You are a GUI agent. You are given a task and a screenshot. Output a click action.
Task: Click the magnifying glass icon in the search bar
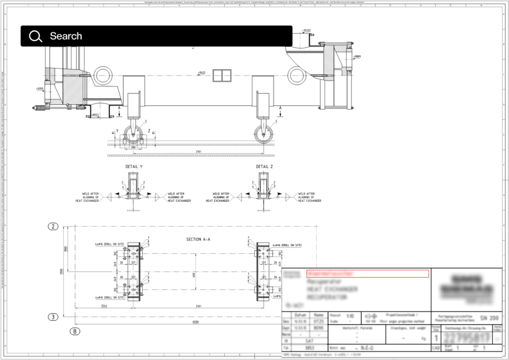click(35, 36)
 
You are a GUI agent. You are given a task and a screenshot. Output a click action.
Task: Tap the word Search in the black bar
click(66, 36)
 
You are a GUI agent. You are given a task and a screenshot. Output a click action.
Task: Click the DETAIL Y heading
click(135, 167)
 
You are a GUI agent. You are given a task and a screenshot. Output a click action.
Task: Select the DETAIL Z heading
click(264, 167)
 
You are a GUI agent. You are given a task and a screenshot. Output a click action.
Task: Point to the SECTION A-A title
click(198, 239)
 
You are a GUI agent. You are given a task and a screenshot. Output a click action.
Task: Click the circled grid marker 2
click(53, 227)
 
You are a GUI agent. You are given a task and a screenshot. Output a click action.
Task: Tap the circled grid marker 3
click(53, 316)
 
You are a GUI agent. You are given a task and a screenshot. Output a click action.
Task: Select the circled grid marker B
click(75, 331)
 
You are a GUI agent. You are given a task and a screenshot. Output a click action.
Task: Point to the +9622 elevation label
click(201, 73)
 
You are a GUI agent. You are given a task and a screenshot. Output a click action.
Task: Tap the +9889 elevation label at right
click(357, 57)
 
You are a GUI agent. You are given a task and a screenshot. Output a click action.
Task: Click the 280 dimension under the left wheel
click(133, 148)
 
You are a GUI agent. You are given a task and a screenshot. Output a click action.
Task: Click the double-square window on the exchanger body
click(219, 76)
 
